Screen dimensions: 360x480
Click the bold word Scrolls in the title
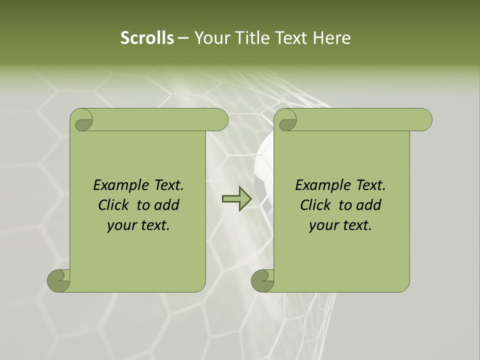click(x=147, y=38)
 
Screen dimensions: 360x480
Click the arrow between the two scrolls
click(x=236, y=199)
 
